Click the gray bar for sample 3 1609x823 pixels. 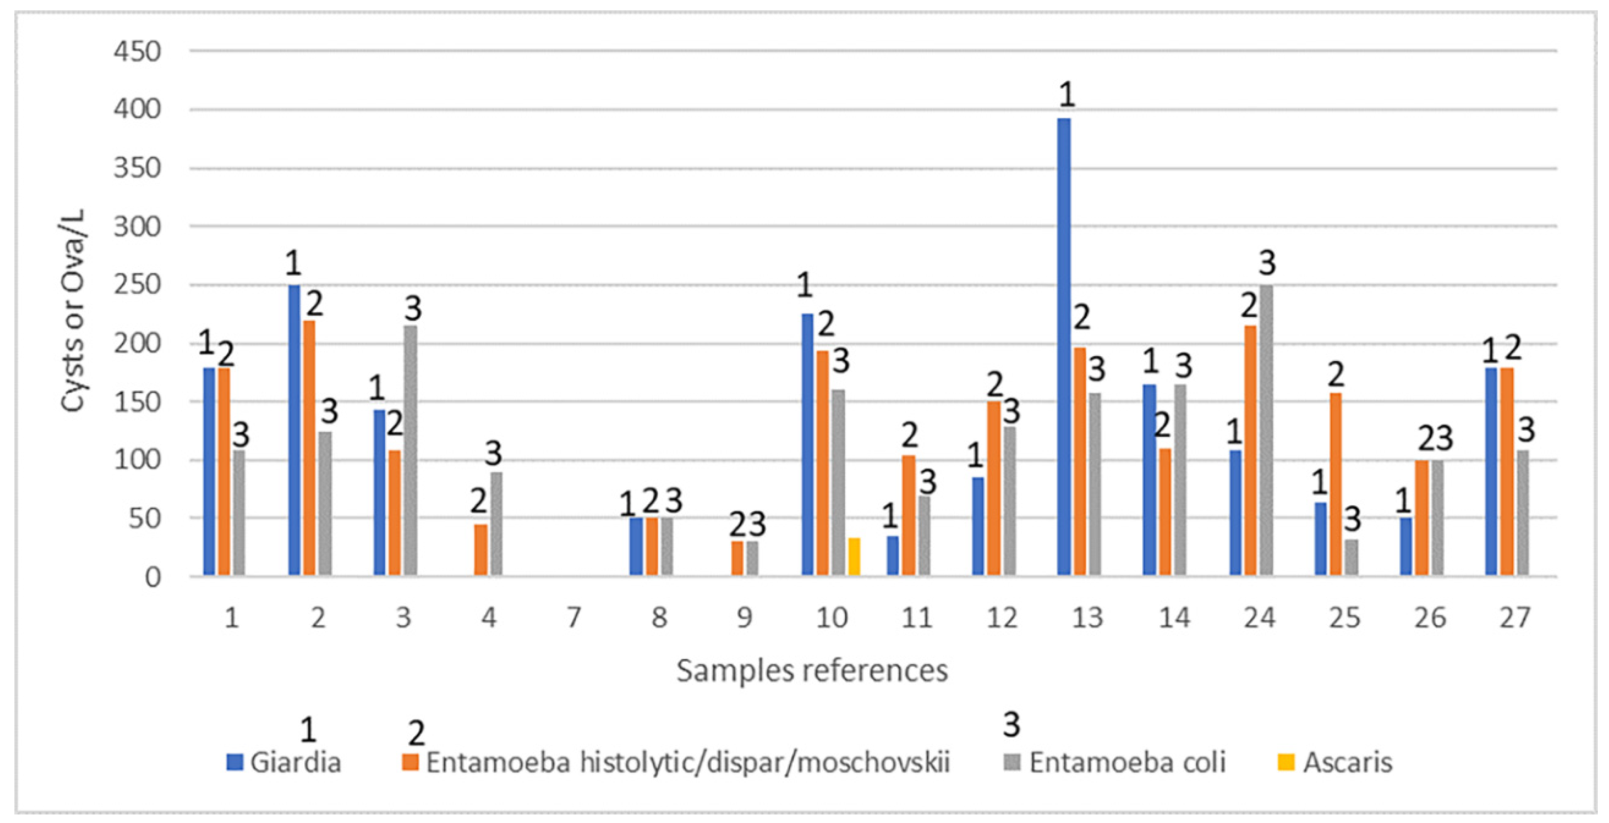411,450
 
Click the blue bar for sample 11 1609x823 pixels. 893,555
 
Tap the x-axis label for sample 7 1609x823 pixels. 573,617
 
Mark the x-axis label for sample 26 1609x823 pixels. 1430,617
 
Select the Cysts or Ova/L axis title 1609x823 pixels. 73,310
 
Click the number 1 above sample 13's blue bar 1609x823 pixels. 1067,95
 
